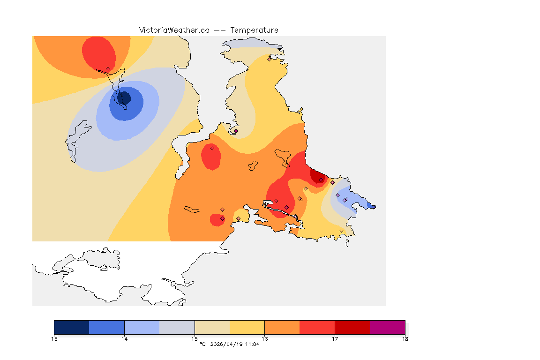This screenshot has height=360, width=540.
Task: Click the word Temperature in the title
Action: tap(254, 30)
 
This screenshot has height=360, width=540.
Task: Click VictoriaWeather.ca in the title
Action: tap(174, 30)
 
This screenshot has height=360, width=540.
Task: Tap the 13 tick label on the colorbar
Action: tap(54, 339)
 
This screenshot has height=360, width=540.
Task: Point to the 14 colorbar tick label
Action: tap(124, 339)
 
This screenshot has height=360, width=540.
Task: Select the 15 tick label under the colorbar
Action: tap(195, 339)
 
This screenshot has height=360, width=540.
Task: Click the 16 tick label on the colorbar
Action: tap(265, 339)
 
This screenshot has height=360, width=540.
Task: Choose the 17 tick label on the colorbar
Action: tap(335, 339)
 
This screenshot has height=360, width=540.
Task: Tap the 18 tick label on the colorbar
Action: tap(405, 339)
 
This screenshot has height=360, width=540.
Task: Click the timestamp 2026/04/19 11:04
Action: tap(234, 345)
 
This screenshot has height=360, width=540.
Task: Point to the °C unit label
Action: tap(202, 345)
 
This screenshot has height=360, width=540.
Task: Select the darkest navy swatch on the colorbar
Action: tap(72, 327)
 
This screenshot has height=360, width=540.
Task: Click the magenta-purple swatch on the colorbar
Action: tap(388, 327)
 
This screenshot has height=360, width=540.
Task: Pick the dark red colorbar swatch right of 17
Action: tap(352, 327)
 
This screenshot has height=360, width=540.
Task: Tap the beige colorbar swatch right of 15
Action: tap(212, 327)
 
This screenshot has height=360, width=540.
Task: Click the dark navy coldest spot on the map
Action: tap(125, 98)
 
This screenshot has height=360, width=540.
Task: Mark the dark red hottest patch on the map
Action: tap(319, 176)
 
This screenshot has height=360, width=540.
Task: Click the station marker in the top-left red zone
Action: tap(108, 68)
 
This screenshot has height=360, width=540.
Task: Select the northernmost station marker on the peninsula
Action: tap(269, 59)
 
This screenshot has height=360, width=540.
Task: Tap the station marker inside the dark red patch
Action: tap(321, 180)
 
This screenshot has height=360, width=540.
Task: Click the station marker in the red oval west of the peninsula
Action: tap(212, 148)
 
